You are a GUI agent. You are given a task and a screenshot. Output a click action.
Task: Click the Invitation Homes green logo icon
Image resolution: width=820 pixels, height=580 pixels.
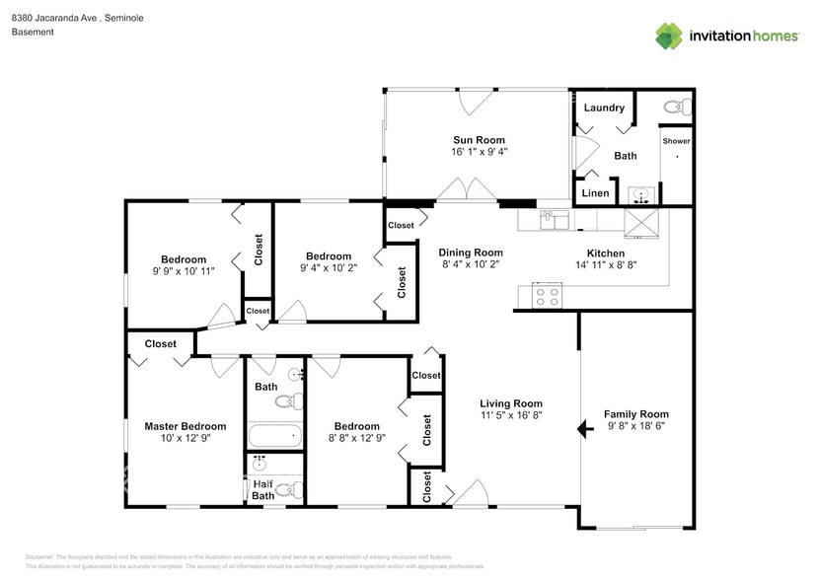(x=670, y=36)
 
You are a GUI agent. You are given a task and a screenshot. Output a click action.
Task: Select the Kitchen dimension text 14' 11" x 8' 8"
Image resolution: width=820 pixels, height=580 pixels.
(x=599, y=264)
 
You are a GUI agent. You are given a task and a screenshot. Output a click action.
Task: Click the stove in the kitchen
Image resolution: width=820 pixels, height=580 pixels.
(x=547, y=293)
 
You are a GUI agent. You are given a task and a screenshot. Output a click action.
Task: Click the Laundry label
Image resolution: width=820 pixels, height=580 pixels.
(x=604, y=108)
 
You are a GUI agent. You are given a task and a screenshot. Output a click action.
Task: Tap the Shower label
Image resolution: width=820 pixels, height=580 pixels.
(x=676, y=141)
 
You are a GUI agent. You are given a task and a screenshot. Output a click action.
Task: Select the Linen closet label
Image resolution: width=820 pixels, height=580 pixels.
(x=596, y=193)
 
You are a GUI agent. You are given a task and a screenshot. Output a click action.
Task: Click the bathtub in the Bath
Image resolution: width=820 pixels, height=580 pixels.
(x=273, y=435)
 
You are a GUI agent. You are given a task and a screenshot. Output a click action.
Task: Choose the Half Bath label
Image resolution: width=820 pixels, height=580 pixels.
(x=262, y=489)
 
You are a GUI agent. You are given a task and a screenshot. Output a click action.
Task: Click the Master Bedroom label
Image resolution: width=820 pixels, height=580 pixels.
(x=185, y=426)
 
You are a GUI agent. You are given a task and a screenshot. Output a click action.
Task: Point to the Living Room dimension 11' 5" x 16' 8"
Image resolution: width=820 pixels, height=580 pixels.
(x=511, y=416)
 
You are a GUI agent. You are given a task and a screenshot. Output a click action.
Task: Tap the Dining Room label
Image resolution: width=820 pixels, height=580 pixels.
(x=471, y=253)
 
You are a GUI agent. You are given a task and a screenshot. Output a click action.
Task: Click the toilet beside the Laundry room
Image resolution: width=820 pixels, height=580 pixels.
(x=675, y=107)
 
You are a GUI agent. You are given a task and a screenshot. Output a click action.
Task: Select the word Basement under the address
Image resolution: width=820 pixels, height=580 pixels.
(x=33, y=32)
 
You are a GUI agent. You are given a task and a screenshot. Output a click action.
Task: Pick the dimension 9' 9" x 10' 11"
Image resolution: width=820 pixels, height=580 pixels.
(x=184, y=270)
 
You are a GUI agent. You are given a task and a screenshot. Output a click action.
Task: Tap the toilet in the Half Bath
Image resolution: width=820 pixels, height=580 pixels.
(x=284, y=489)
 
